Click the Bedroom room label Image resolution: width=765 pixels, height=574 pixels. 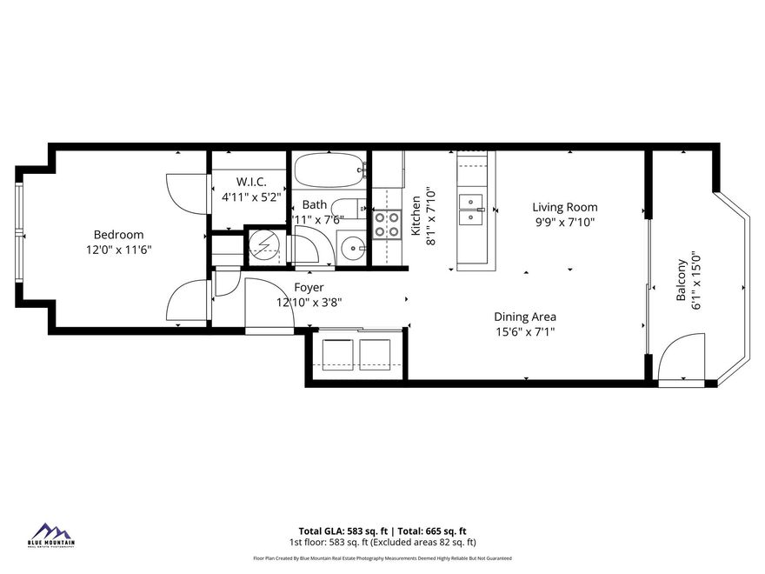(118, 235)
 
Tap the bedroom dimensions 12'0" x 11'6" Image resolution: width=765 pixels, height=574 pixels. (118, 250)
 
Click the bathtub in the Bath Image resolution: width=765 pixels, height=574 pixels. (329, 170)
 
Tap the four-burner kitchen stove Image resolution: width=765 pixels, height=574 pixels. (386, 224)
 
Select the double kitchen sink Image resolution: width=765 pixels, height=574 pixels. (471, 209)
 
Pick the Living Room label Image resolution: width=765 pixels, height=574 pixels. (565, 207)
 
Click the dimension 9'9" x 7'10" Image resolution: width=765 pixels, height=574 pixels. (565, 222)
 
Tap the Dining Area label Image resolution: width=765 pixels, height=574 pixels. (525, 317)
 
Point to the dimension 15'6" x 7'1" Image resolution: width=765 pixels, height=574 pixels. (525, 331)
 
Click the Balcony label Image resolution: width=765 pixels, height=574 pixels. (682, 281)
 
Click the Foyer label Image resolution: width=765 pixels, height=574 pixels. (309, 288)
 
